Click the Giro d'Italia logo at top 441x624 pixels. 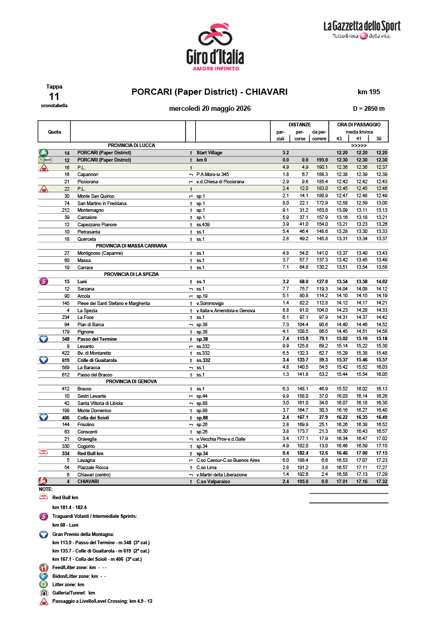[x=215, y=47]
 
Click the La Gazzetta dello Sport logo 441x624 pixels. [x=361, y=30]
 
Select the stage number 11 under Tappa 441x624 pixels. [x=54, y=97]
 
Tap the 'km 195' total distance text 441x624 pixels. [x=369, y=92]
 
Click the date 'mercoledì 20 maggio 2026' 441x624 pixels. [x=210, y=109]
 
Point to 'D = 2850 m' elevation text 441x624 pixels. [x=369, y=109]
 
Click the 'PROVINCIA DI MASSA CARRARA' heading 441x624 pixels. [x=131, y=245]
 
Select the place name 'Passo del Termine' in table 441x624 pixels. [x=97, y=339]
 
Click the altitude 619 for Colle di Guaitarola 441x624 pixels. [x=65, y=360]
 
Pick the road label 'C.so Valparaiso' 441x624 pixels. [x=213, y=482]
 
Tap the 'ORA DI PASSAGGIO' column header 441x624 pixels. [x=359, y=125]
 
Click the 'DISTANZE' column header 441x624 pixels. [x=300, y=125]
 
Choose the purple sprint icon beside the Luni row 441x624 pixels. [x=44, y=282]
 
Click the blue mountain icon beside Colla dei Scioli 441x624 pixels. [x=44, y=417]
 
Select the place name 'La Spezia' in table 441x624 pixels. [x=87, y=310]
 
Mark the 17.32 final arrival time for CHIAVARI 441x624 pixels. [x=381, y=482]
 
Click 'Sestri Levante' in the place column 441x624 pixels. [x=92, y=396]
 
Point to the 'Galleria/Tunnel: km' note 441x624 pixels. [x=73, y=592]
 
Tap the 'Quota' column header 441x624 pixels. [x=54, y=132]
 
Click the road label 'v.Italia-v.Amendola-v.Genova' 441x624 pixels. [x=227, y=310]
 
